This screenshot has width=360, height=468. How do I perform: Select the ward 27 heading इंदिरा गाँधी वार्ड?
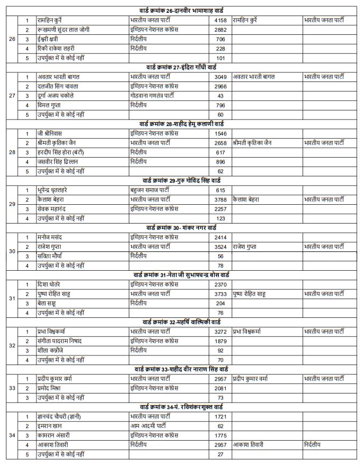click(180, 67)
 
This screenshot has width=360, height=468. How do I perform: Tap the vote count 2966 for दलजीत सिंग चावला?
click(220, 86)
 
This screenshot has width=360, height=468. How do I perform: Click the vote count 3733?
click(220, 294)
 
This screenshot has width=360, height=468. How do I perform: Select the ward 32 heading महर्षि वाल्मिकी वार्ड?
click(180, 322)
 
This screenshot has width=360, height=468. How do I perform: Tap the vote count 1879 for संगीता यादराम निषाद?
click(220, 341)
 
